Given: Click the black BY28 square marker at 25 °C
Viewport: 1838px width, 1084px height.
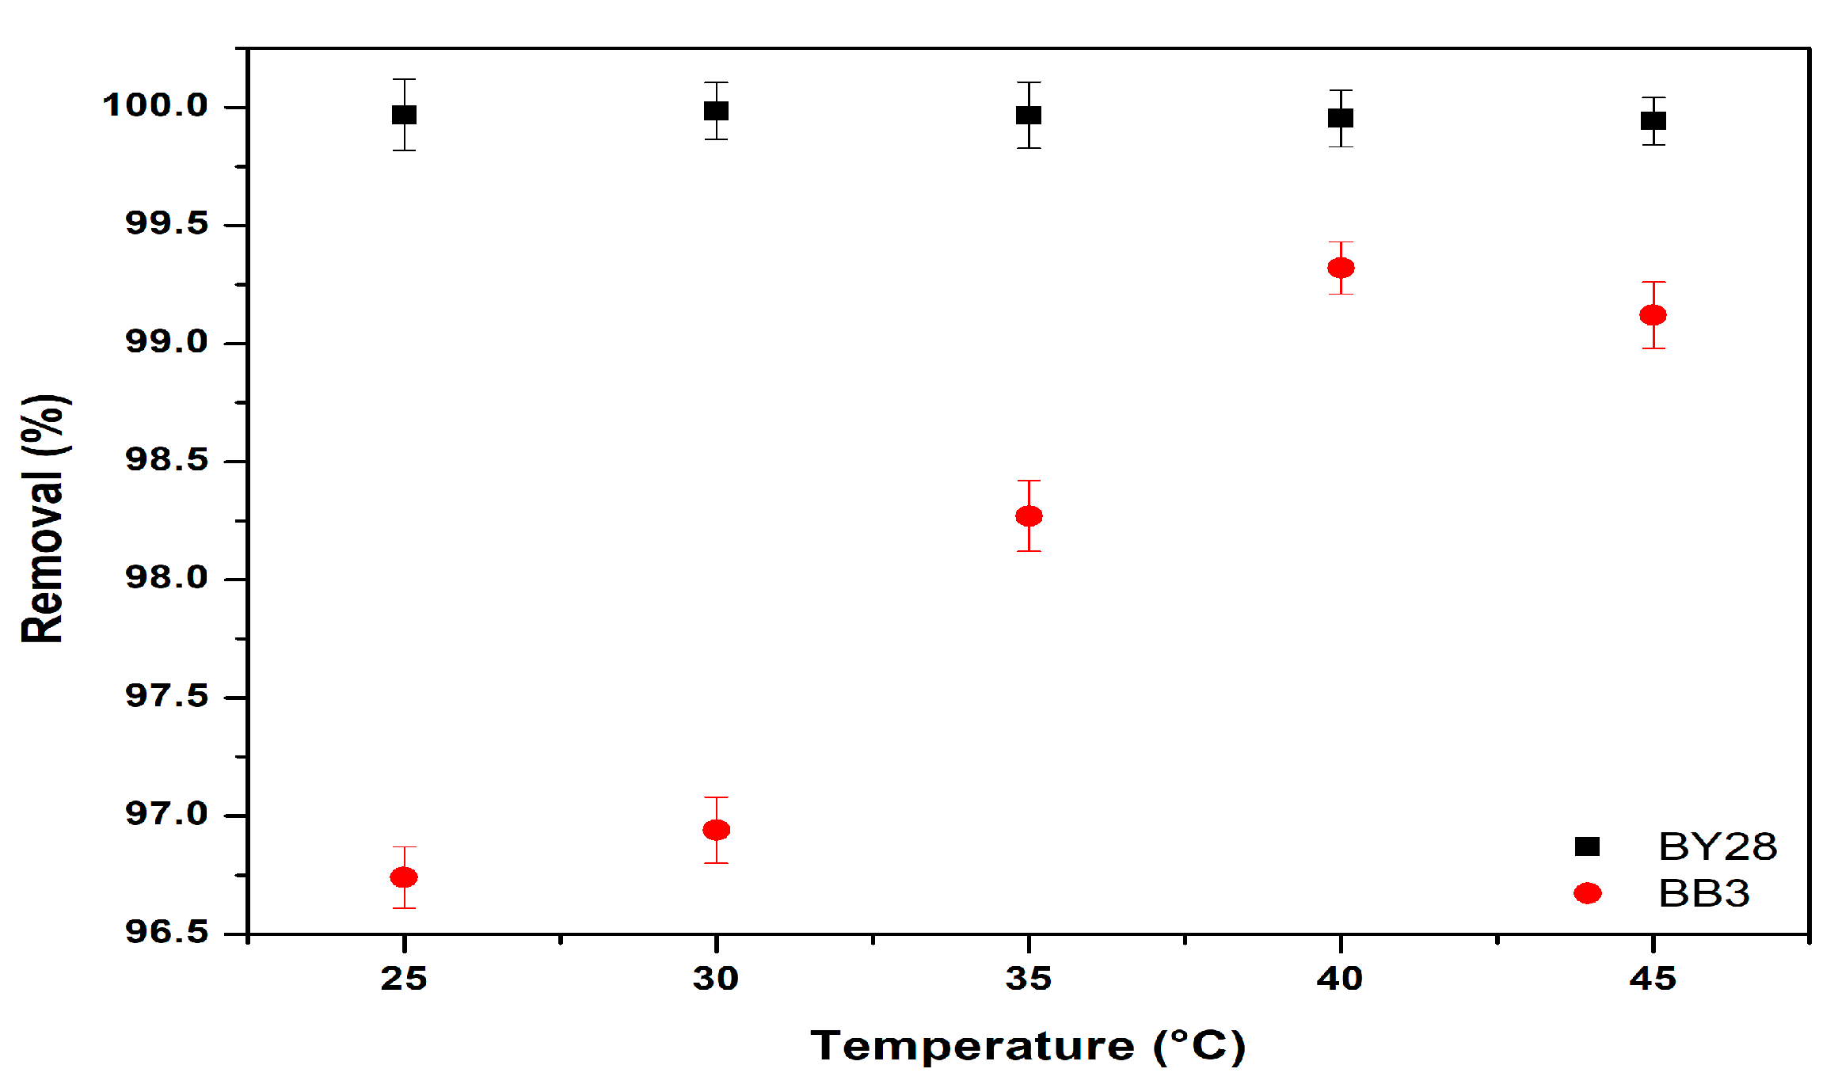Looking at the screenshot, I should click(x=404, y=115).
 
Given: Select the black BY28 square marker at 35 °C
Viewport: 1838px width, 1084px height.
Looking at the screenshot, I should click(x=1029, y=115).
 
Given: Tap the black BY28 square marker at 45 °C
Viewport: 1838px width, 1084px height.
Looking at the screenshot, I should click(x=1653, y=121).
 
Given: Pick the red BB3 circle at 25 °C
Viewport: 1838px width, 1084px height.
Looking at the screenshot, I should click(x=404, y=877).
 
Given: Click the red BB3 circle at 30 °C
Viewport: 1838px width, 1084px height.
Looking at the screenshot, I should click(x=716, y=830).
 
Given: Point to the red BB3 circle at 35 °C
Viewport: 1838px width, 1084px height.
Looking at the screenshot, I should click(x=1029, y=516).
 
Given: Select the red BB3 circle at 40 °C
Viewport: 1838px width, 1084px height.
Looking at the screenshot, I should click(x=1341, y=268).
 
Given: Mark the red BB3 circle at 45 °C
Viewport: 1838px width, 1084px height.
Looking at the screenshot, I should click(x=1653, y=315).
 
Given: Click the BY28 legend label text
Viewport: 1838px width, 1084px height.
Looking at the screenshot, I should click(x=1718, y=846).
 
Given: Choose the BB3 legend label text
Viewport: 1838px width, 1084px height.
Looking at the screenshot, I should click(x=1703, y=893).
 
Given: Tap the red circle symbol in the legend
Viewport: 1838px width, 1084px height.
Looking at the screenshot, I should click(x=1587, y=893).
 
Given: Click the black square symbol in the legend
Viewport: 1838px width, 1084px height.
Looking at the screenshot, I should click(x=1587, y=846).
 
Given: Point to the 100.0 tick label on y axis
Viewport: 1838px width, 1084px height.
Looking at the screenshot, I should click(x=155, y=105).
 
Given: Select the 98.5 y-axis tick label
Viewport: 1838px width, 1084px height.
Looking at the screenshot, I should click(x=166, y=460).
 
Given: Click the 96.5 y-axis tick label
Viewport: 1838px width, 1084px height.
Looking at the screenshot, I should click(x=166, y=932).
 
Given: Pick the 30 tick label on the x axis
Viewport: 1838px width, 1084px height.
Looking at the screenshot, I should click(x=716, y=979).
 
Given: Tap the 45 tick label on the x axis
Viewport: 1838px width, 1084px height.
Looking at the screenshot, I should click(x=1653, y=979).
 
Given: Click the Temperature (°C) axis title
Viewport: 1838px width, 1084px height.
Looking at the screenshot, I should click(x=1028, y=1046).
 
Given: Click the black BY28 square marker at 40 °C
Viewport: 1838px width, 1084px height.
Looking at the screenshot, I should click(x=1341, y=118).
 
